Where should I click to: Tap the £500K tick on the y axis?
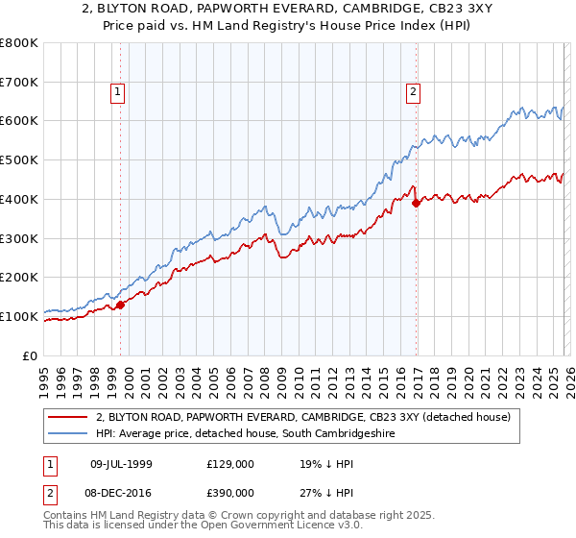(x=21, y=160)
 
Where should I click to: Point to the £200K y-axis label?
(x=21, y=278)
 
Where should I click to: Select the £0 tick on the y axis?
(x=31, y=355)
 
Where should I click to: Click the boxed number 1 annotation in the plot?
(x=117, y=92)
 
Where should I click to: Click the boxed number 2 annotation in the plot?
(x=413, y=92)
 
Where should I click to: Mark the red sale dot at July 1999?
(x=121, y=306)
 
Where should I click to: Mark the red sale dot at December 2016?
(x=417, y=203)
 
